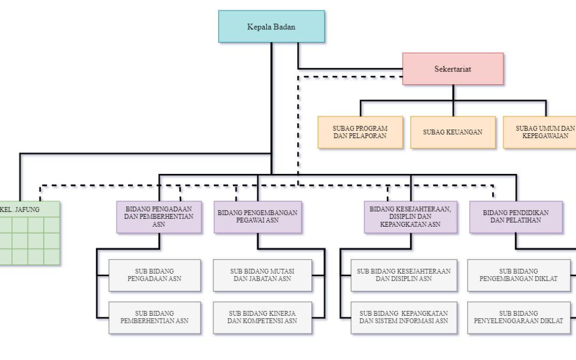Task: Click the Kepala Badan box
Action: pyautogui.click(x=271, y=27)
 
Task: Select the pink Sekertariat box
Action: pyautogui.click(x=453, y=69)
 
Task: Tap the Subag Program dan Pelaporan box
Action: pyautogui.click(x=361, y=132)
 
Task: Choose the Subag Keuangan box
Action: pyautogui.click(x=453, y=132)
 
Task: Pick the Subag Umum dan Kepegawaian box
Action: pyautogui.click(x=540, y=132)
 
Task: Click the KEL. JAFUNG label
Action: pyautogui.click(x=20, y=210)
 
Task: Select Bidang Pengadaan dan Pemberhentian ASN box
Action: pyautogui.click(x=159, y=217)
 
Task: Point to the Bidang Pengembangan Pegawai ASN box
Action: pyautogui.click(x=258, y=217)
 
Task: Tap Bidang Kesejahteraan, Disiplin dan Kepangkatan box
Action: pyautogui.click(x=411, y=217)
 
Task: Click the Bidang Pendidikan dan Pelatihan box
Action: pyautogui.click(x=516, y=217)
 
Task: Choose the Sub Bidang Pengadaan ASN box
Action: pyautogui.click(x=155, y=275)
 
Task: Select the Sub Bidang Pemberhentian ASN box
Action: pyautogui.click(x=155, y=318)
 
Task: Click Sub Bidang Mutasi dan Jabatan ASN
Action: pyautogui.click(x=262, y=275)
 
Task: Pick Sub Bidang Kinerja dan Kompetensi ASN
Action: pyautogui.click(x=262, y=318)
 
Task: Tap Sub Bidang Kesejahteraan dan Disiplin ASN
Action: pyautogui.click(x=404, y=275)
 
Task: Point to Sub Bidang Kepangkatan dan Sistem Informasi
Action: pyautogui.click(x=404, y=318)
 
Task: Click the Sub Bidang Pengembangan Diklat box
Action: pyautogui.click(x=519, y=275)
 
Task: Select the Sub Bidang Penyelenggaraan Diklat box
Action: pyautogui.click(x=519, y=318)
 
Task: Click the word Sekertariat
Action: pyautogui.click(x=453, y=69)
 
